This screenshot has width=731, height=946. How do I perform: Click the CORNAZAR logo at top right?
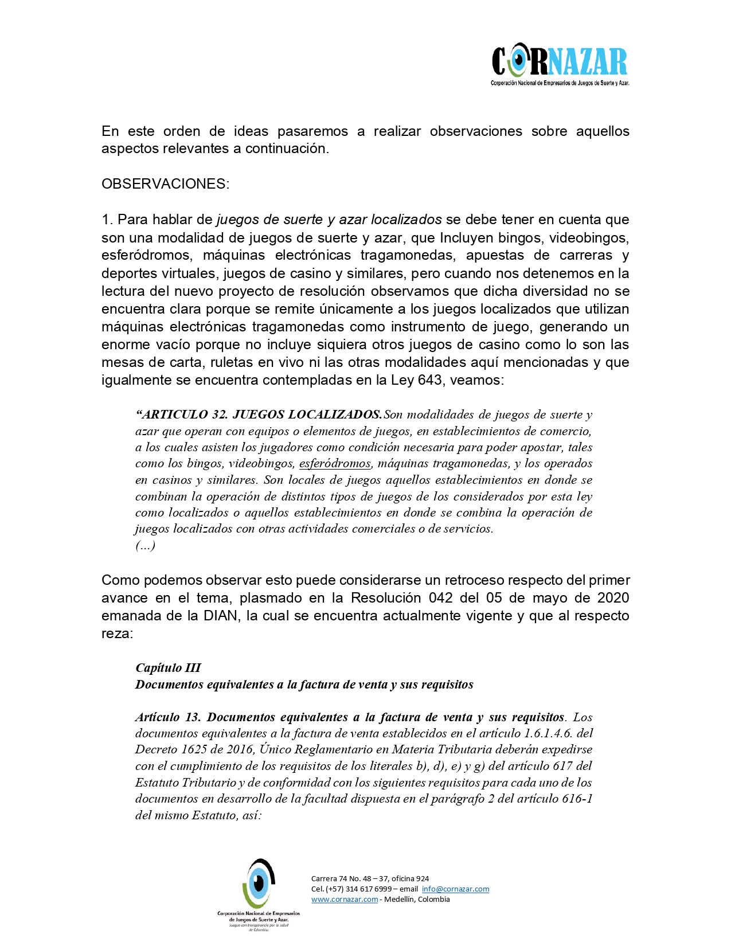(560, 63)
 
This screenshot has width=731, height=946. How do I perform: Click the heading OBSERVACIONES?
(165, 184)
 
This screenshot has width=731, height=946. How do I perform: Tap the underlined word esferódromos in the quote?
(335, 463)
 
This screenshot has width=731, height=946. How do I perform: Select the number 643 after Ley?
(430, 380)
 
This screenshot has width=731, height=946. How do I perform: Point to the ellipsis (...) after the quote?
(146, 545)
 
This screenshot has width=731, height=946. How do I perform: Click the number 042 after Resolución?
(441, 598)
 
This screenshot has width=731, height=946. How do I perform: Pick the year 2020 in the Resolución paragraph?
(613, 598)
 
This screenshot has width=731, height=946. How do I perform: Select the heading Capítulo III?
(168, 668)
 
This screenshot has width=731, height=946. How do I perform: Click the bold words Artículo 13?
(168, 717)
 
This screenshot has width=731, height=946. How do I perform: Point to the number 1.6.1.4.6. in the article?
(548, 733)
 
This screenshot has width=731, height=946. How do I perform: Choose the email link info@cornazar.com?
(455, 889)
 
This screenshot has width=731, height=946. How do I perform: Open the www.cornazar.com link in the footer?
(345, 900)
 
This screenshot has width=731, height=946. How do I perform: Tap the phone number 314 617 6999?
(369, 889)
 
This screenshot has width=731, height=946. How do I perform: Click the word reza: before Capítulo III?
(117, 634)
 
